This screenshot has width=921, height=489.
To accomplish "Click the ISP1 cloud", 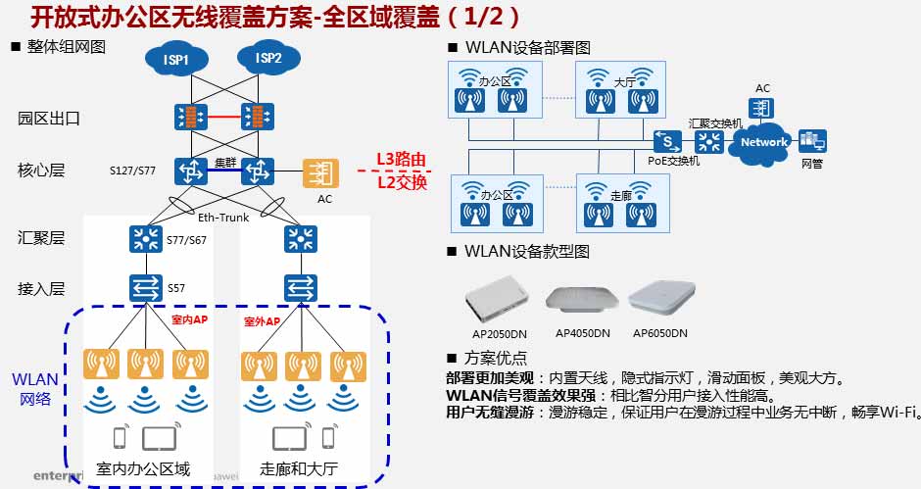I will pyautogui.click(x=176, y=60).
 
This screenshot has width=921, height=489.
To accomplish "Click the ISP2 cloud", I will pyautogui.click(x=267, y=59).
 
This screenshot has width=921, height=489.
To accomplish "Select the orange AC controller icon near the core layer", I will pyautogui.click(x=319, y=173).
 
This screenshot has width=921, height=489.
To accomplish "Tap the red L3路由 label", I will pyautogui.click(x=402, y=160).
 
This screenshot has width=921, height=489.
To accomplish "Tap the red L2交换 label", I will pyautogui.click(x=402, y=182).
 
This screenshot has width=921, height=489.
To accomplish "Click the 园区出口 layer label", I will pyautogui.click(x=49, y=119).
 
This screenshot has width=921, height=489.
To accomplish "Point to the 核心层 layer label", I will pyautogui.click(x=41, y=171).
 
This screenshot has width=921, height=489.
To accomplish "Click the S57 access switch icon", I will pyautogui.click(x=146, y=288).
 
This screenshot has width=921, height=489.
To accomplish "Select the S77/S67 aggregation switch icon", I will pyautogui.click(x=146, y=238).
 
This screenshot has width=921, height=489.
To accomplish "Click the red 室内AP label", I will pyautogui.click(x=189, y=320).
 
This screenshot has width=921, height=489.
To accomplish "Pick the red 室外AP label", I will pyautogui.click(x=262, y=321).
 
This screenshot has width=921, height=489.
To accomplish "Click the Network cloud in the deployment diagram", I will pyautogui.click(x=764, y=142).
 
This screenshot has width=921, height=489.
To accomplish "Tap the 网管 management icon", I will pyautogui.click(x=812, y=142).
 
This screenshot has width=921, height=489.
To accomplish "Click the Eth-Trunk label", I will pyautogui.click(x=223, y=218).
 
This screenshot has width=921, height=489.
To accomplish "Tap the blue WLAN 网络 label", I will pyautogui.click(x=34, y=389).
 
